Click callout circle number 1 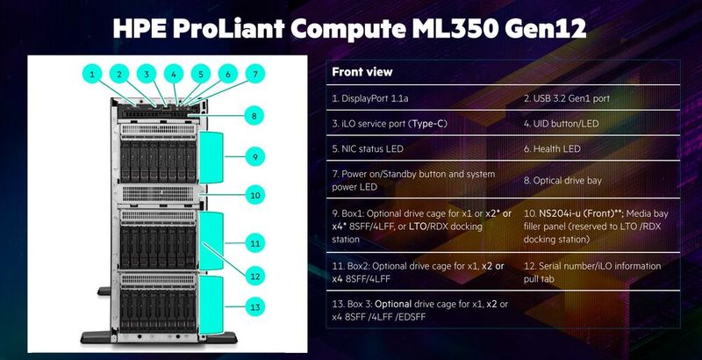(92, 75)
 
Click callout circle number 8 (254, 115)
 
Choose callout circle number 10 (254, 195)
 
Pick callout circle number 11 (254, 241)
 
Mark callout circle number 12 (254, 276)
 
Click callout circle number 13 (254, 307)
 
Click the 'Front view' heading (363, 72)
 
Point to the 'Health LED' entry (558, 150)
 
